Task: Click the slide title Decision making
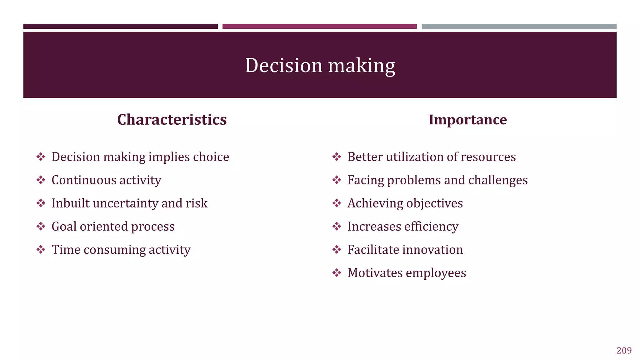click(320, 66)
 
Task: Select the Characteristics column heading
click(172, 120)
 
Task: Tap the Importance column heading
click(467, 120)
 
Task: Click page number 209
click(624, 351)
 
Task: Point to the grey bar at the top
click(519, 27)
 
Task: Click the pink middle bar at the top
click(319, 27)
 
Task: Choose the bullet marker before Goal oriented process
click(41, 226)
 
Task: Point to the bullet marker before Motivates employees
click(337, 273)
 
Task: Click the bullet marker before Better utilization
click(337, 157)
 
